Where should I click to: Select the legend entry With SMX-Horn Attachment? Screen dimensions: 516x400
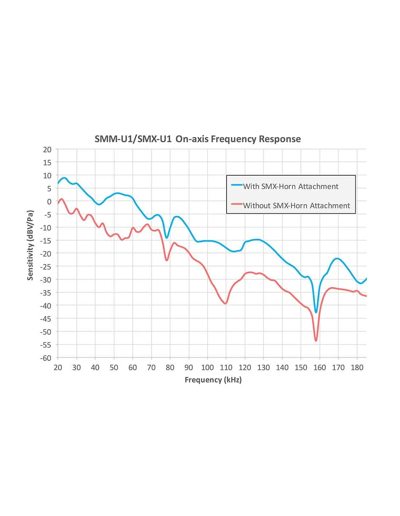click(291, 187)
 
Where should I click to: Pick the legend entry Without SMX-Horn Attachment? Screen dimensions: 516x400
click(296, 206)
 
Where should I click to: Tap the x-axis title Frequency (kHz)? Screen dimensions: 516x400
click(213, 380)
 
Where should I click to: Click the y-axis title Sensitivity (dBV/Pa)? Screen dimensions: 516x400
click(30, 245)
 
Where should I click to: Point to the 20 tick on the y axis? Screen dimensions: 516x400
click(47, 150)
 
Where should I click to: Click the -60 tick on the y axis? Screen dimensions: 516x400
click(46, 358)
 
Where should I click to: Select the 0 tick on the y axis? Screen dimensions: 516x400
click(49, 202)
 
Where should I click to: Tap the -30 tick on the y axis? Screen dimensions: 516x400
click(46, 280)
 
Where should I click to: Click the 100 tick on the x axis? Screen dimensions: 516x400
click(207, 368)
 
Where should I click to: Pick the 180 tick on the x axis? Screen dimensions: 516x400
click(357, 368)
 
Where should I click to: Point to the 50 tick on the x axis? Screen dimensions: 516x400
click(114, 368)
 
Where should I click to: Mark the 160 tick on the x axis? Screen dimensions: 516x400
click(320, 368)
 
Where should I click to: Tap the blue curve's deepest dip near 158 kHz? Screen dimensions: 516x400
click(316, 312)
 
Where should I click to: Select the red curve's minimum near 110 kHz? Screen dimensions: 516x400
click(226, 303)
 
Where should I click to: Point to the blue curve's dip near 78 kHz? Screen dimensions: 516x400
click(167, 238)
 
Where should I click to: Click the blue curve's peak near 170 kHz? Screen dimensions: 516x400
click(337, 259)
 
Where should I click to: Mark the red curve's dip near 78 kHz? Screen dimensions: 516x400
click(167, 260)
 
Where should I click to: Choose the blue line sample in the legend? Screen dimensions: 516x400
click(237, 185)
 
